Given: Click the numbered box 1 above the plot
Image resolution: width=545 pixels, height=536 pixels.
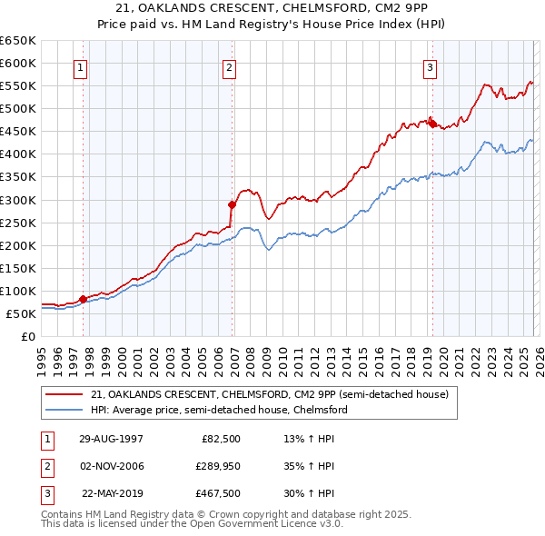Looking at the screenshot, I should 81,67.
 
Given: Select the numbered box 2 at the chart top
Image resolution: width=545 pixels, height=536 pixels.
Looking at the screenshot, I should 229,67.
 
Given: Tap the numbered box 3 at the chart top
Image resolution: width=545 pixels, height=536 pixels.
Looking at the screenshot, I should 430,67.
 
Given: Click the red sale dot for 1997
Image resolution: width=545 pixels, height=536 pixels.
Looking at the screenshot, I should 83,298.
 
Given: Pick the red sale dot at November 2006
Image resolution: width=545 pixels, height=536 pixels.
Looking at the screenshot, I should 231,204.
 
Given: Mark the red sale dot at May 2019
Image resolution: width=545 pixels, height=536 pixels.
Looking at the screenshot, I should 432,124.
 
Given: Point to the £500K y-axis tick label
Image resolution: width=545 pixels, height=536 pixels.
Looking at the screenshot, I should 18,108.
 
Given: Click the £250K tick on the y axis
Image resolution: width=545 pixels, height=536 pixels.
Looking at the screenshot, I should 18,223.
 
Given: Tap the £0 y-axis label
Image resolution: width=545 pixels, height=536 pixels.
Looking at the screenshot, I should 27,336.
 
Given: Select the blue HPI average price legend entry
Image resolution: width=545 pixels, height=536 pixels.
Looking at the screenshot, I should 219,410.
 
